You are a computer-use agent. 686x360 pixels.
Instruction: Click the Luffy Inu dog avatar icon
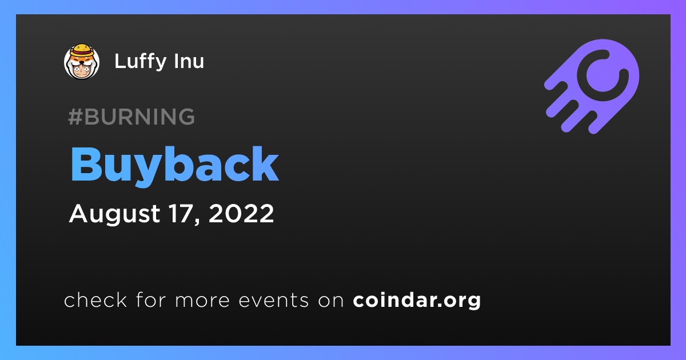pos(82,62)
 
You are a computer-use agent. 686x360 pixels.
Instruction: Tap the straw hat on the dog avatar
pos(82,50)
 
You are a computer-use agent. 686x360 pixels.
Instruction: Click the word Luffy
pos(140,62)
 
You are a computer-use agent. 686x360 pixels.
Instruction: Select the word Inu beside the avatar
pos(189,61)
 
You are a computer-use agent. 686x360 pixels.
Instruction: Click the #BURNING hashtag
pos(131,117)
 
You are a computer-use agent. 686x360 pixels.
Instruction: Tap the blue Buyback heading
pos(174,165)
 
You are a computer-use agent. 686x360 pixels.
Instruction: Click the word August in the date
pos(114,214)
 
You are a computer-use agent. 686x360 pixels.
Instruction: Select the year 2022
pos(241,213)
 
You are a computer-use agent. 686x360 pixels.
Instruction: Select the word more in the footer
pos(202,301)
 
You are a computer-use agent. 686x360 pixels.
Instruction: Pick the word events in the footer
pos(273,301)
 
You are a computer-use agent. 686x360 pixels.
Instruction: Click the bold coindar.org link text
pos(417,301)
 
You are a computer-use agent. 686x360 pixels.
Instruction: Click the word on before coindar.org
pos(331,301)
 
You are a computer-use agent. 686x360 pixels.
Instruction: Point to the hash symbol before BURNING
pos(75,117)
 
